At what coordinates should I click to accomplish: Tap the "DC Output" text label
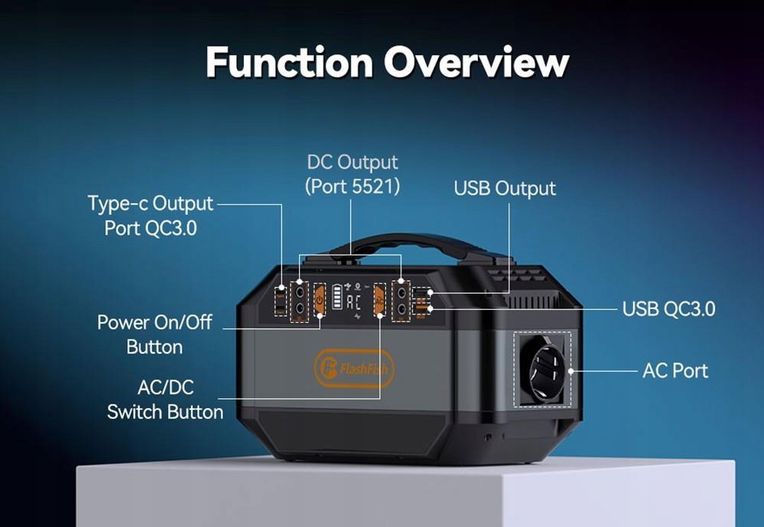pyautogui.click(x=352, y=163)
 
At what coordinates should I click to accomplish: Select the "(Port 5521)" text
pyautogui.click(x=352, y=186)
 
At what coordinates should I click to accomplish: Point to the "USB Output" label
pyautogui.click(x=505, y=188)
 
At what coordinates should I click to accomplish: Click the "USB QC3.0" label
pyautogui.click(x=669, y=308)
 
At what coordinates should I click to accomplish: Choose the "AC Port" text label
pyautogui.click(x=675, y=371)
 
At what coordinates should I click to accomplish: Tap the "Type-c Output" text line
pyautogui.click(x=150, y=204)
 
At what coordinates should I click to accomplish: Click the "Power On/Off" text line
pyautogui.click(x=154, y=322)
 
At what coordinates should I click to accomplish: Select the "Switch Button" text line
pyautogui.click(x=165, y=412)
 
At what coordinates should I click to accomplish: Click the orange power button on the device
pyautogui.click(x=320, y=301)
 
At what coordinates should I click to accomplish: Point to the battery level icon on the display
pyautogui.click(x=337, y=297)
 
